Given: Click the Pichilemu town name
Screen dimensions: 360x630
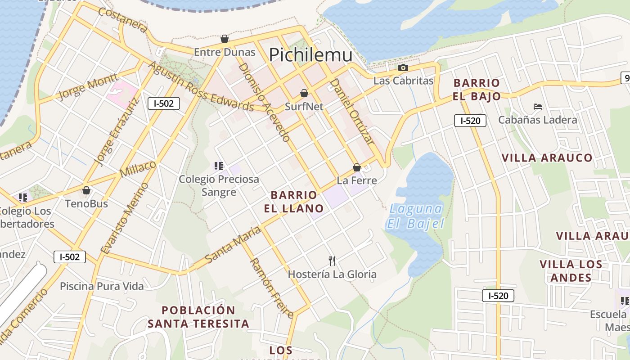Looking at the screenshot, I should coord(310,54).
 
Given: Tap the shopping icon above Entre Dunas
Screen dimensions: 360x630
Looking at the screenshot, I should coord(225,39).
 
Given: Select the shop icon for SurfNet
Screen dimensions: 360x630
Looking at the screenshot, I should coord(304,93).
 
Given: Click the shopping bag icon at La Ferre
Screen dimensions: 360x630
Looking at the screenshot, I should coord(357,167).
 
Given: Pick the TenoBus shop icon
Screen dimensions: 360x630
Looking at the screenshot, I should coord(86,190).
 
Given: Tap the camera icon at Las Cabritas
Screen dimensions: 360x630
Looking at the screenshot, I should coord(403,68).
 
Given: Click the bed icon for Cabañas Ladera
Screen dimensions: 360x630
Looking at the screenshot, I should coord(537,107).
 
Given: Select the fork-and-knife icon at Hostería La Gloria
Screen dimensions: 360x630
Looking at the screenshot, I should coord(332,261).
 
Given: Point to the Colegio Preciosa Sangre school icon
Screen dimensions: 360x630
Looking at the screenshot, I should coord(219,166).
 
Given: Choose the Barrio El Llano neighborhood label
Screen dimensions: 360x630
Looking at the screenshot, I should coord(297,201).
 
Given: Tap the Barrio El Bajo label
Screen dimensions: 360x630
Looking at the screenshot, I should coord(477,89).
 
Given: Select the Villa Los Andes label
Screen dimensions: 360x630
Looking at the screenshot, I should coord(571,270).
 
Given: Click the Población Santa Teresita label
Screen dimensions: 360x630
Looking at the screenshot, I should coord(198,317).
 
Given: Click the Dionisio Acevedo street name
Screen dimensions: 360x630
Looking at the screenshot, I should coord(264,102).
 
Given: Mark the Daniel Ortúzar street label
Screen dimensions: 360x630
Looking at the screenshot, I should coord(352,111).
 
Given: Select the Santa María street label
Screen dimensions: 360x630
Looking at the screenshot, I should coord(233,245).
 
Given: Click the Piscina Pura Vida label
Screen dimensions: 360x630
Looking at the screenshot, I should coord(102,286).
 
